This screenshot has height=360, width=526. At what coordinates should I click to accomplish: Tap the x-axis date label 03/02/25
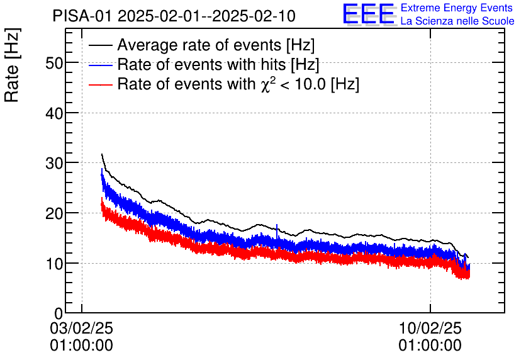click(82, 329)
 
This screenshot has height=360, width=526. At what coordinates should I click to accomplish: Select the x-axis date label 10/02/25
click(430, 329)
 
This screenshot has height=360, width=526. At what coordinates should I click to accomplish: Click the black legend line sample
click(101, 46)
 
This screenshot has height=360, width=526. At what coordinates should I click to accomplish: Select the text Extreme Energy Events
click(457, 8)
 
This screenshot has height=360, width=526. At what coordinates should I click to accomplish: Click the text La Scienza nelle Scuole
click(457, 21)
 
